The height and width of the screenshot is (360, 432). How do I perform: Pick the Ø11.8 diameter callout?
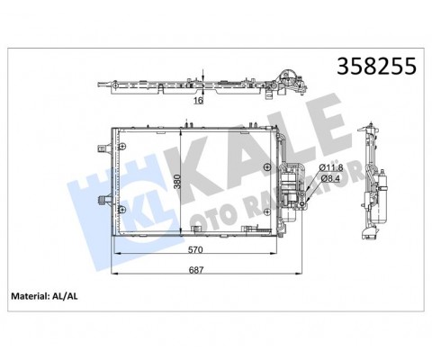click(331, 167)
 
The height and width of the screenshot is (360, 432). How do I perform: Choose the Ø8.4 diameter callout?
click(331, 179)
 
